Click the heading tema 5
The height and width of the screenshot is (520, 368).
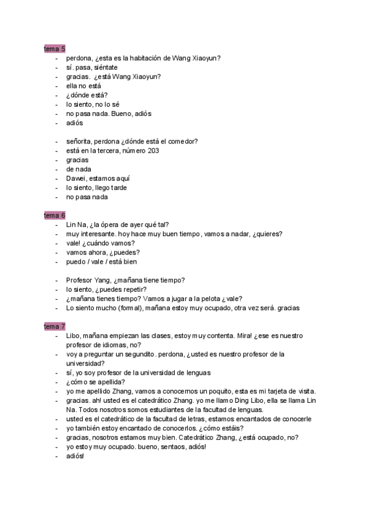coord(55,48)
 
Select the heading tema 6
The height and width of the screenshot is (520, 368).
coord(55,215)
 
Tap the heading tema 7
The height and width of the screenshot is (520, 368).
coord(55,326)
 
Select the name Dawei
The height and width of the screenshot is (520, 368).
coord(76,178)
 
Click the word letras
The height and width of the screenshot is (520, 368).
coord(205,419)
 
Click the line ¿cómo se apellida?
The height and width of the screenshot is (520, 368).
coord(95,382)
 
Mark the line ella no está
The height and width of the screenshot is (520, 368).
coord(83,85)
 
